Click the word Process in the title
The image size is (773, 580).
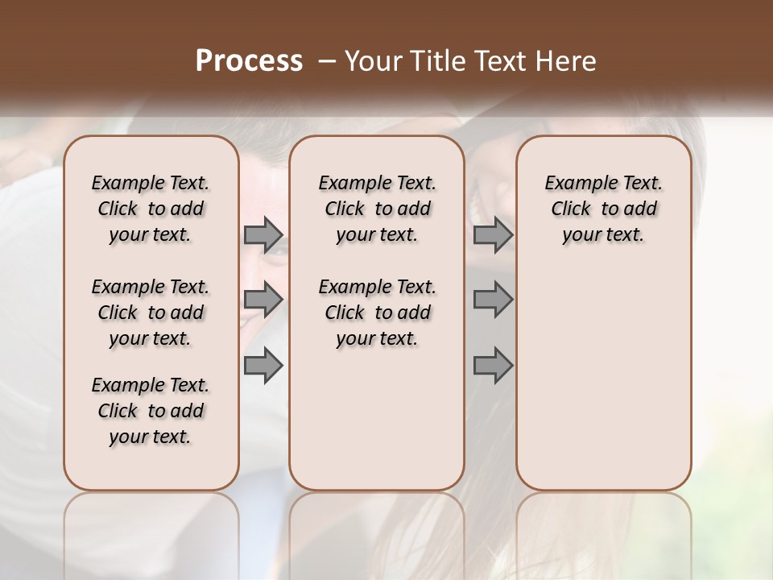pos(249,61)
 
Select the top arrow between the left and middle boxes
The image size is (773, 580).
pos(263,234)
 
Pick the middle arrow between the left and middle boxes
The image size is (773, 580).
pos(263,300)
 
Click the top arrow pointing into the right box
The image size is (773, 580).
pos(493,234)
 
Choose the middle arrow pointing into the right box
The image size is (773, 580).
pos(493,300)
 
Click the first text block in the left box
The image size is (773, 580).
pos(151,209)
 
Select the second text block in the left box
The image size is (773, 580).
pos(151,313)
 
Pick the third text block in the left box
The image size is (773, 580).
pos(151,411)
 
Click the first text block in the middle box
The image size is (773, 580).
pos(377,209)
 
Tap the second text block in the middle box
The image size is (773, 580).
pos(377,313)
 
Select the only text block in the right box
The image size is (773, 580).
pos(603,209)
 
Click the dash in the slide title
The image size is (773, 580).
pos(327,61)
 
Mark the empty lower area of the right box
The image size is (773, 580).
pos(603,371)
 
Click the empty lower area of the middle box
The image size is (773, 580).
pos(377,419)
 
